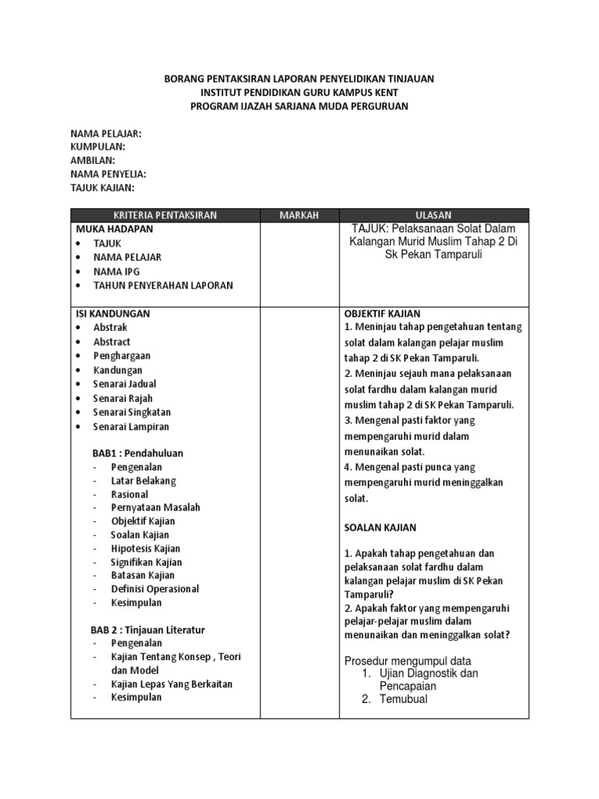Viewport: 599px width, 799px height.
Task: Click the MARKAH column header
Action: pyautogui.click(x=299, y=215)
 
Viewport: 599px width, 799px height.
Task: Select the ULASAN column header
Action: pyautogui.click(x=434, y=215)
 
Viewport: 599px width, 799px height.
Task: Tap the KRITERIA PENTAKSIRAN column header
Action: pyautogui.click(x=165, y=215)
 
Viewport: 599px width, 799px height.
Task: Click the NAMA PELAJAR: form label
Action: pyautogui.click(x=106, y=134)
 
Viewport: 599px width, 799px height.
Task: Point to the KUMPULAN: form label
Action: pyautogui.click(x=97, y=147)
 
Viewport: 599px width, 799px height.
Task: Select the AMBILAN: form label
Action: pyautogui.click(x=93, y=161)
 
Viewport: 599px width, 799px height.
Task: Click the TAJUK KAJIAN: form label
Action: pyautogui.click(x=102, y=188)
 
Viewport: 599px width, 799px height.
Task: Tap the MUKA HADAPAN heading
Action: pyautogui.click(x=115, y=229)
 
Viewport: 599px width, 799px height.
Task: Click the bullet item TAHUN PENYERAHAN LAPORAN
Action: pyautogui.click(x=163, y=286)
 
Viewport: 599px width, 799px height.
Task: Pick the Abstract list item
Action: pyautogui.click(x=112, y=342)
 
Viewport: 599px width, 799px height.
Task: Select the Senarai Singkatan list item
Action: pyautogui.click(x=132, y=412)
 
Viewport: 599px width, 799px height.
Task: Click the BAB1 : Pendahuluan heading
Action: pyautogui.click(x=138, y=453)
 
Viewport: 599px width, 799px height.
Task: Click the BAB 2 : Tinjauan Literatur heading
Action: pyautogui.click(x=147, y=630)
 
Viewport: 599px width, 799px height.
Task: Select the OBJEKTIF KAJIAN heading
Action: pyautogui.click(x=384, y=314)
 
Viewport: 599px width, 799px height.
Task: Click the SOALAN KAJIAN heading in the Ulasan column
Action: pyautogui.click(x=381, y=528)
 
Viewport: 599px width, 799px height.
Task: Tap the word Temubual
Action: pyautogui.click(x=403, y=699)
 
